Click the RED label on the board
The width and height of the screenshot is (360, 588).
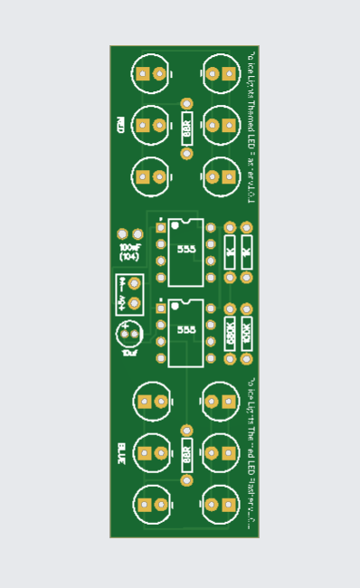[120, 124]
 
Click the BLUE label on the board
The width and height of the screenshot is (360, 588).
[120, 451]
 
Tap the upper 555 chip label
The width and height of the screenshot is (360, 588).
[186, 249]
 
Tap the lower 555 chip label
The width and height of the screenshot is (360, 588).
[186, 329]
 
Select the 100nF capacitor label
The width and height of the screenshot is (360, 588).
[130, 246]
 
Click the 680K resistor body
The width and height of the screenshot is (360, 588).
[230, 333]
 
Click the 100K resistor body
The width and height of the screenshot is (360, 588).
[246, 333]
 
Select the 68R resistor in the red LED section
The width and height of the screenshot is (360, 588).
[187, 129]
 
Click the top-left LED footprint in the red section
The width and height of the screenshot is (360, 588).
[150, 73]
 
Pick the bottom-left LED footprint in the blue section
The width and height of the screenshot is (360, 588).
[150, 505]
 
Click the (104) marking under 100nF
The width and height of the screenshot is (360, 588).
[129, 257]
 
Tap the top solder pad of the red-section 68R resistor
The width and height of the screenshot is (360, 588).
[187, 105]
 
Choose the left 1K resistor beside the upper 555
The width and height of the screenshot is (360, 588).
[230, 252]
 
